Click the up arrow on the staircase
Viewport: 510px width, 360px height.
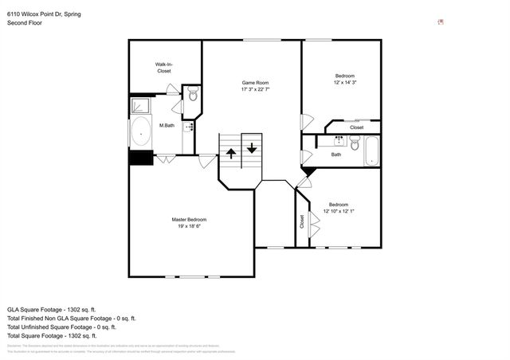pyautogui.click(x=231, y=151)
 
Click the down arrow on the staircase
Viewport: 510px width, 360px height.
pyautogui.click(x=252, y=148)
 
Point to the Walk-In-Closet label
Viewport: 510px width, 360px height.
pyautogui.click(x=163, y=68)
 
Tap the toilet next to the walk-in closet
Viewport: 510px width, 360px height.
pyautogui.click(x=193, y=95)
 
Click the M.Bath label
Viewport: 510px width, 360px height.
pyautogui.click(x=167, y=125)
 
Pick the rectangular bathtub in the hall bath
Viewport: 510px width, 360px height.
pyautogui.click(x=372, y=151)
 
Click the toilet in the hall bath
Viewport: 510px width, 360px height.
pyautogui.click(x=354, y=144)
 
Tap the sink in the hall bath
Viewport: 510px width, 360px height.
pyautogui.click(x=339, y=141)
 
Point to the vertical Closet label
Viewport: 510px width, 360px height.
pyautogui.click(x=301, y=221)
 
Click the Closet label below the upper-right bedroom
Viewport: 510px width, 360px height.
pyautogui.click(x=356, y=127)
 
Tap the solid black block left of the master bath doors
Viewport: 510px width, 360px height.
pyautogui.click(x=141, y=158)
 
